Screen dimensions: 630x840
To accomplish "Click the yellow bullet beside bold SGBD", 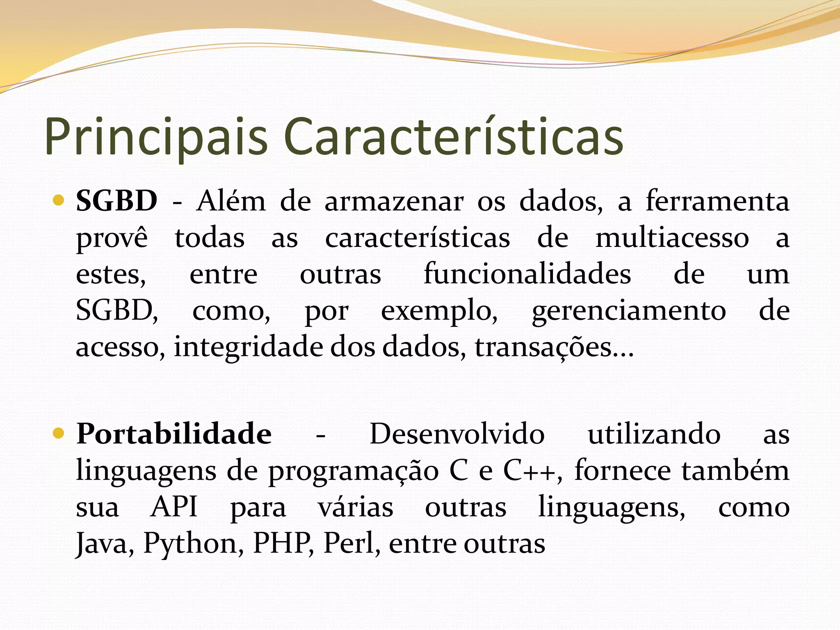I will [x=59, y=201].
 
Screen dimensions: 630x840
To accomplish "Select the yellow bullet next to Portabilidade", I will [x=59, y=434].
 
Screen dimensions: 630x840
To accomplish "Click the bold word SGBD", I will [x=116, y=201].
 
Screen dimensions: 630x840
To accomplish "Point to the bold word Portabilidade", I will [x=174, y=434].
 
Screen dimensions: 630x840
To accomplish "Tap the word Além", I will [x=231, y=201].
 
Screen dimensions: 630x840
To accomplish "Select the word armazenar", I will [x=394, y=202].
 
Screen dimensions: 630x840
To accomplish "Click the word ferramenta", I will [x=717, y=201].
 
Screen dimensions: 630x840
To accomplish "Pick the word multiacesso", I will [x=672, y=238].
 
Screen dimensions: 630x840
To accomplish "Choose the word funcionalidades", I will [x=527, y=274].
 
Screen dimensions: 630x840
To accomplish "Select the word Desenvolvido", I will [x=457, y=434].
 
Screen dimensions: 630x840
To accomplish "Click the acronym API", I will [x=174, y=507].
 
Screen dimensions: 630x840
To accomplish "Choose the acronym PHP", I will [x=283, y=543].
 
